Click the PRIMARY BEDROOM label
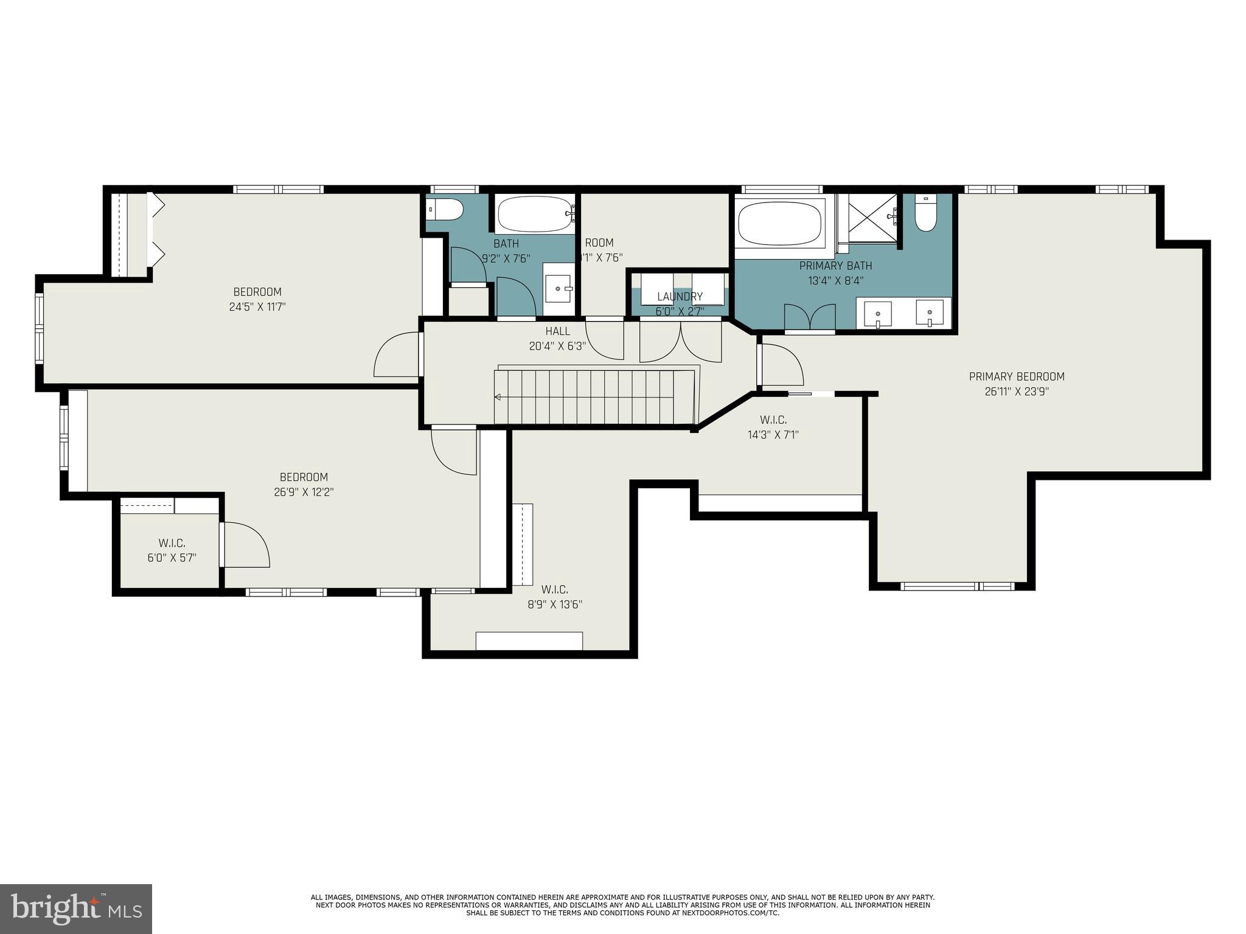click(1016, 376)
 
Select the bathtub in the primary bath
click(779, 223)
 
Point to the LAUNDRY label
click(680, 297)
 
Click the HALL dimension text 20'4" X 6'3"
click(557, 347)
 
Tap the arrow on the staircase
click(498, 397)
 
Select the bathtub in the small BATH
click(535, 214)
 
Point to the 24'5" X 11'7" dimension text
click(257, 307)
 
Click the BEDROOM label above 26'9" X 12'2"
click(304, 477)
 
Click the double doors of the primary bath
click(809, 317)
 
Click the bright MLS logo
click(76, 909)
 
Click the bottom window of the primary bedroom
click(957, 586)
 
